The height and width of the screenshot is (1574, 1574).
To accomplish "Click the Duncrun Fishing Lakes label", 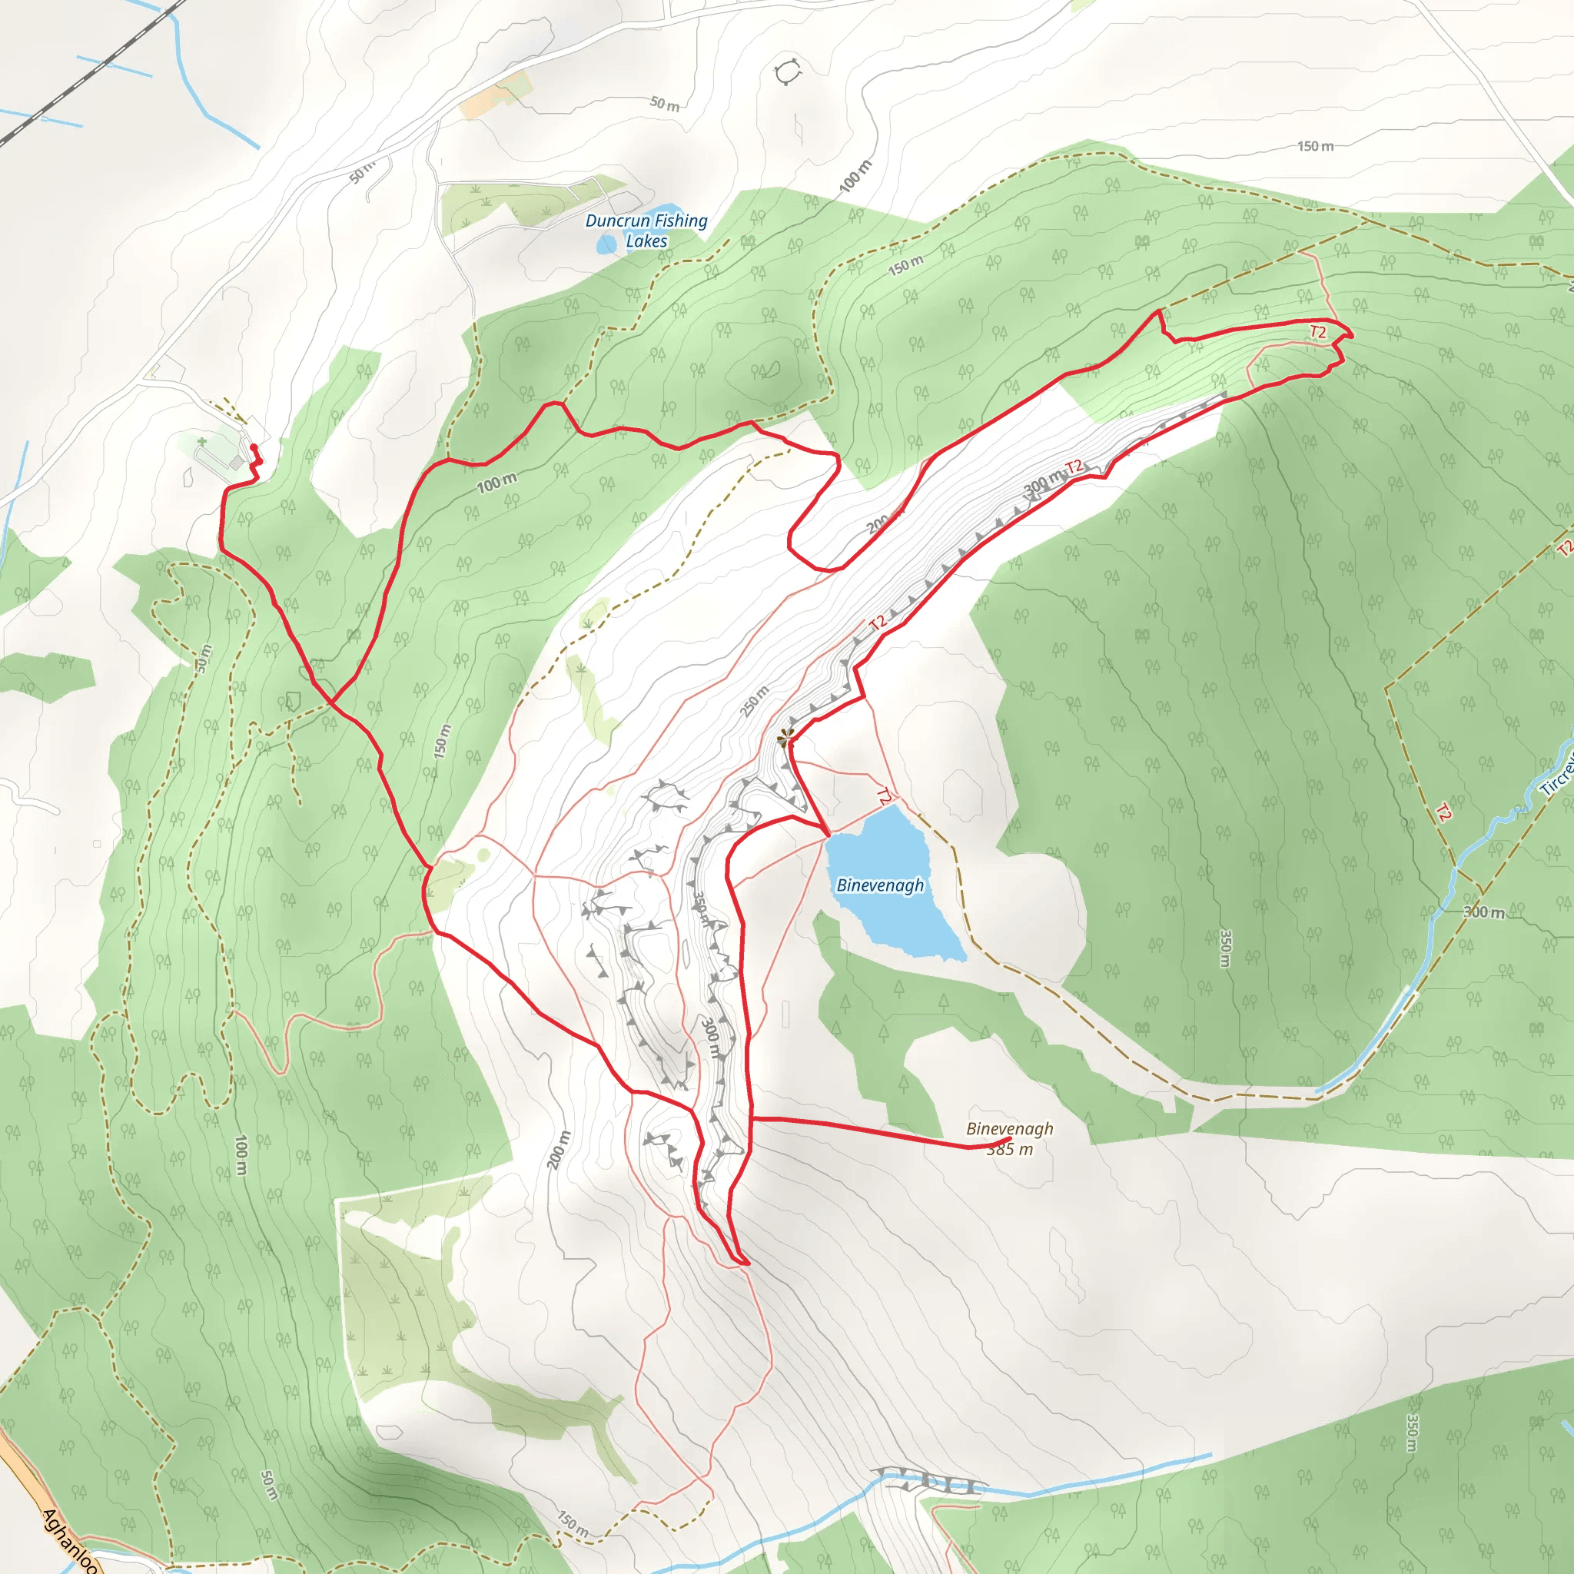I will [x=646, y=231].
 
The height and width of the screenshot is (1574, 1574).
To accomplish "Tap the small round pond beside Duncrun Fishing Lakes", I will [x=607, y=244].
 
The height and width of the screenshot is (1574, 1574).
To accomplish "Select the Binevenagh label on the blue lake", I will [x=880, y=885].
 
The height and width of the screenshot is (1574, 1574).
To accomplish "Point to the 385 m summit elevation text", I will [x=1009, y=1150].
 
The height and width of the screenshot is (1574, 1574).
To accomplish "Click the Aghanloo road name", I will [x=69, y=1539].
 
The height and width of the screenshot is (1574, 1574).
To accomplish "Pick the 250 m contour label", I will [x=754, y=701].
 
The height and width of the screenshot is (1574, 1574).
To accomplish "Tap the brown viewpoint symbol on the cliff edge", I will [x=785, y=738].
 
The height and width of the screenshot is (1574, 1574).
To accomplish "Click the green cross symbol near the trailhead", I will [x=202, y=442].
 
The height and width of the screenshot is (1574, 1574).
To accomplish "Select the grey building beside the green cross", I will [x=236, y=463].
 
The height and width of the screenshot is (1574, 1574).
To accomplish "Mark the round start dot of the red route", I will [x=254, y=447].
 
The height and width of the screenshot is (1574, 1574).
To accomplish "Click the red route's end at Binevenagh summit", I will [x=1009, y=1139].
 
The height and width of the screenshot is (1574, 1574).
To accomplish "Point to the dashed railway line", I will [x=90, y=73].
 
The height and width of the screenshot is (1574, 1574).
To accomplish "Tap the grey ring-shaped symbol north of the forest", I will [x=787, y=71].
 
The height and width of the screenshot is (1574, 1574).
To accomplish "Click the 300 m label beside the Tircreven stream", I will [x=1483, y=912].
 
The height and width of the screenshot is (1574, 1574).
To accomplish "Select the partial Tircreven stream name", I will [x=1556, y=774].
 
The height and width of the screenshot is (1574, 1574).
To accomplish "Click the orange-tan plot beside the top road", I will [x=493, y=95].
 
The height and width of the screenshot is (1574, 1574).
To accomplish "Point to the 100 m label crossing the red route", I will [x=496, y=483].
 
